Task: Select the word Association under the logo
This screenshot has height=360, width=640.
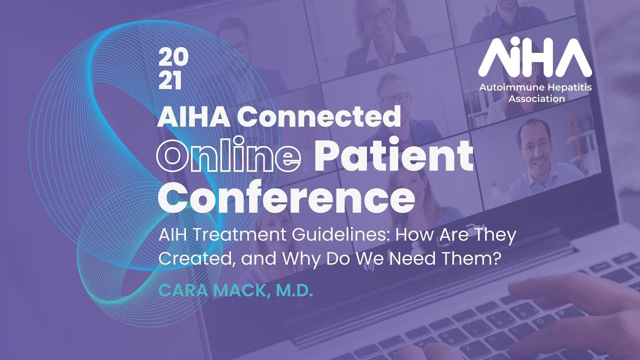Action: tap(536, 98)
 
